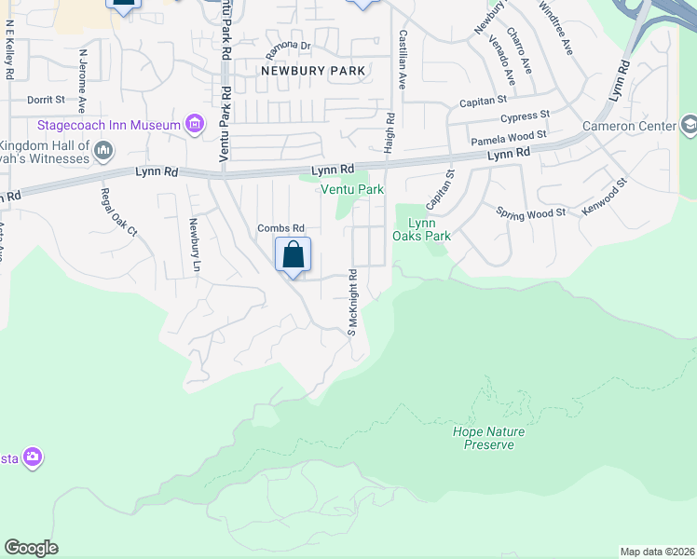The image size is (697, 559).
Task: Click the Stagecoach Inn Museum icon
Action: (x=195, y=125)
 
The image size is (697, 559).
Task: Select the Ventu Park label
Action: (x=352, y=189)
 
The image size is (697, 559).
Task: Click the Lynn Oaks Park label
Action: (x=429, y=229)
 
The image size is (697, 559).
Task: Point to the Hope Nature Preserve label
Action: (x=488, y=438)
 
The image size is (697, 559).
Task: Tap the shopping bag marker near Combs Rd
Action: (x=293, y=254)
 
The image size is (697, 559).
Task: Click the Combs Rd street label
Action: (x=281, y=228)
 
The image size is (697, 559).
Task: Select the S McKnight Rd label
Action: (x=353, y=303)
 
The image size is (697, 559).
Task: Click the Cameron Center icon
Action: (x=689, y=125)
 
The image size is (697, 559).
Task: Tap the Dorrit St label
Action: (x=46, y=99)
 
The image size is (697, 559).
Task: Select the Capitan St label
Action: (x=483, y=100)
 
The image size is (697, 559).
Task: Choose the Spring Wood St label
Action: (x=531, y=213)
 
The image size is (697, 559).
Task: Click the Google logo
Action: (x=31, y=548)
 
